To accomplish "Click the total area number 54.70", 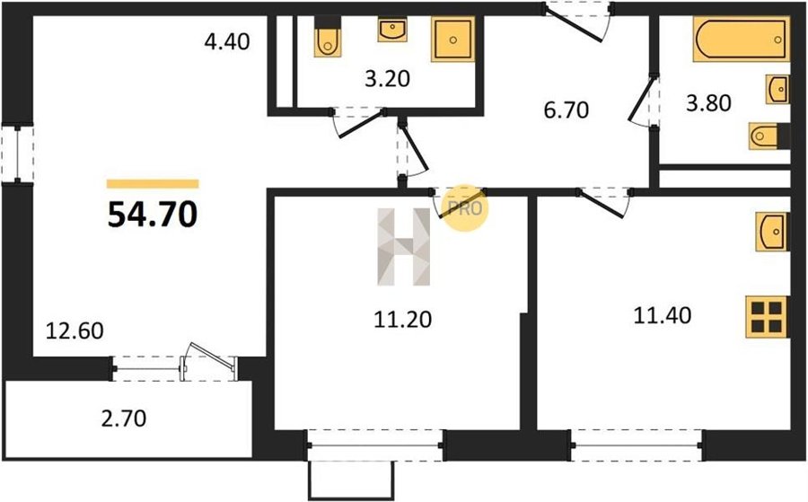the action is [153, 215].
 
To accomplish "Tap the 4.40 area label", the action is [227, 41].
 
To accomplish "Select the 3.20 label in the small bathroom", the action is [388, 79].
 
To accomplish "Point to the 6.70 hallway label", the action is [566, 110].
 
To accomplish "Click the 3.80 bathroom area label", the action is [708, 103].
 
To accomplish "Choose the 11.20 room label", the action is [403, 320].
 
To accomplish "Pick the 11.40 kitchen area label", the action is [663, 315].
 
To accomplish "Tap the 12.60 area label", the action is [75, 330].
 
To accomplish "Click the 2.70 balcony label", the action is [124, 418].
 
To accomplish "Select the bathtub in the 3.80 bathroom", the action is [742, 40].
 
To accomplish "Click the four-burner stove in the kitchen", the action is [767, 317].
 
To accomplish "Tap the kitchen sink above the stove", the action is [771, 232].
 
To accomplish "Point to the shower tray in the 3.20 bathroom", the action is [453, 40].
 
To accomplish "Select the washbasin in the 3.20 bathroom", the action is [392, 30].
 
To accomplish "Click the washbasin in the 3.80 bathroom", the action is [777, 90].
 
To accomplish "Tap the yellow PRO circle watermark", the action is [465, 207].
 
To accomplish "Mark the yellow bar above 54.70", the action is [153, 184].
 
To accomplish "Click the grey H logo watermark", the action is [403, 247].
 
